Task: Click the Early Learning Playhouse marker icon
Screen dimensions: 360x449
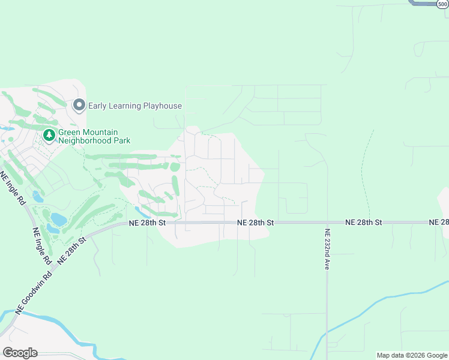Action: (79, 106)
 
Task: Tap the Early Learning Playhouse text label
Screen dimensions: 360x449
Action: (135, 106)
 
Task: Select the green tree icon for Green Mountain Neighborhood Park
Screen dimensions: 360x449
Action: (49, 136)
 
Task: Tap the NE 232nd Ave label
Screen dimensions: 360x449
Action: (328, 249)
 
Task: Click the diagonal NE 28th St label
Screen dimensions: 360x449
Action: (73, 249)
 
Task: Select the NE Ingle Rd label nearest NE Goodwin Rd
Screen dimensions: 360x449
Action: (41, 247)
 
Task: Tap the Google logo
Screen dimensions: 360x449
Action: (20, 353)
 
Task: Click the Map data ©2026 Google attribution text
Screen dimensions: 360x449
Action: (412, 355)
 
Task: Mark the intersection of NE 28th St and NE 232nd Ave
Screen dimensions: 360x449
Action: (327, 223)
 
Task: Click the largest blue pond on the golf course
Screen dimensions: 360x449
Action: (58, 220)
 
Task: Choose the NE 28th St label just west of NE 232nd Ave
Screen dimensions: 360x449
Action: (255, 223)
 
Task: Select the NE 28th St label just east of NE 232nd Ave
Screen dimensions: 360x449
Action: (364, 223)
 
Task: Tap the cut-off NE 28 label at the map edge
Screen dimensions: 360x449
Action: (439, 223)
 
